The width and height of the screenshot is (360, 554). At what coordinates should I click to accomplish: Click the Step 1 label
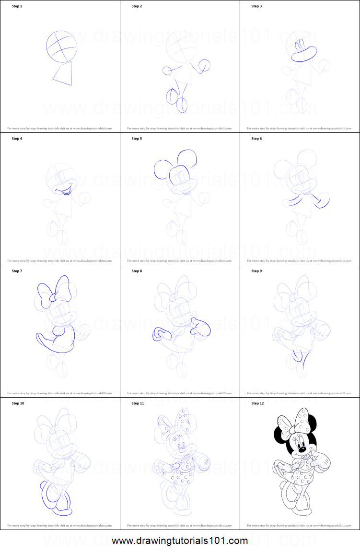tap(17, 6)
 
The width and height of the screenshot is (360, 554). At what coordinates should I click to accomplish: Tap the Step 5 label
tap(137, 139)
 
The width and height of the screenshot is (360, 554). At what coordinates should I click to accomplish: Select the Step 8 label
tap(137, 271)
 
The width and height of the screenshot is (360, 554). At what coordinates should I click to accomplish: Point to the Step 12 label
tap(257, 403)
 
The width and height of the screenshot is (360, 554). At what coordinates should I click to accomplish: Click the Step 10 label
tap(18, 403)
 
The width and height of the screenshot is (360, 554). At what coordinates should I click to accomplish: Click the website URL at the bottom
tap(180, 541)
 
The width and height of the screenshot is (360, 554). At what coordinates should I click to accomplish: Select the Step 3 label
tap(256, 6)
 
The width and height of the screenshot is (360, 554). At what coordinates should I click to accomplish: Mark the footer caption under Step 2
tap(179, 129)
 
